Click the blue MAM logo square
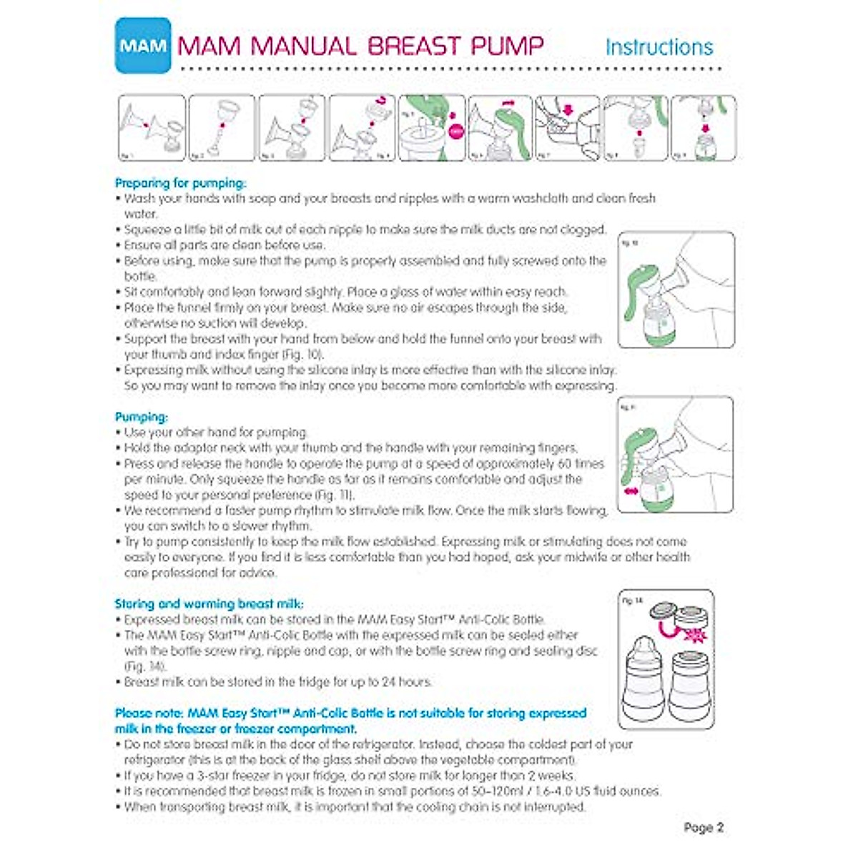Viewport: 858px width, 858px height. [143, 46]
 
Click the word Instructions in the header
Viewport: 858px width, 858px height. [659, 47]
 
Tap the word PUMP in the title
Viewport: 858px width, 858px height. [507, 46]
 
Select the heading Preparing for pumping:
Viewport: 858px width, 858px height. [180, 183]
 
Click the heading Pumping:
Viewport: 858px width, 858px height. [142, 417]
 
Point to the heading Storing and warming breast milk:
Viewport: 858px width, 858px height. [214, 604]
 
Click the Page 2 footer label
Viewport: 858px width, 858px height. [704, 827]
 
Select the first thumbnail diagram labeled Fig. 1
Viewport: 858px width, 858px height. [152, 128]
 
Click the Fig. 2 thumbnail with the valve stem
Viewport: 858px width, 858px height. [221, 128]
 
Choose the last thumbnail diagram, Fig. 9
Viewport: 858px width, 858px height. [704, 128]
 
